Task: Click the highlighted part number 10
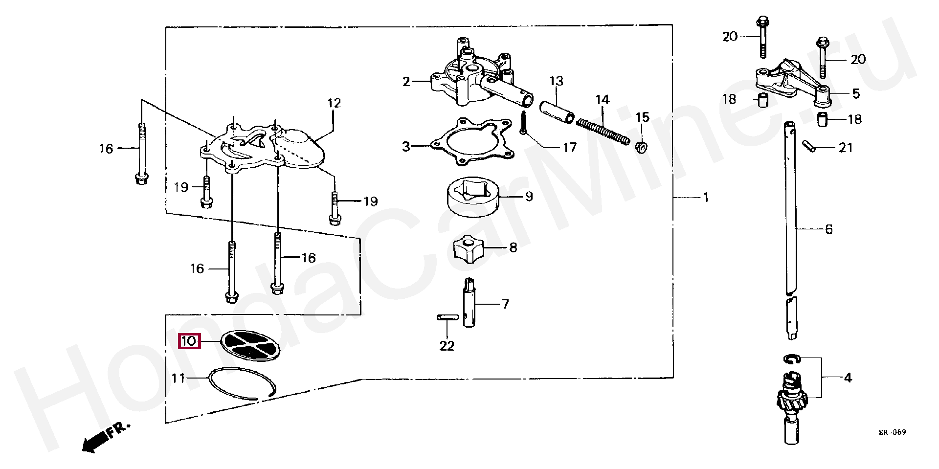[x=189, y=341]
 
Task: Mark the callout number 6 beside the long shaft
[x=828, y=229]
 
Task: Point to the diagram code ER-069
[x=892, y=432]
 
